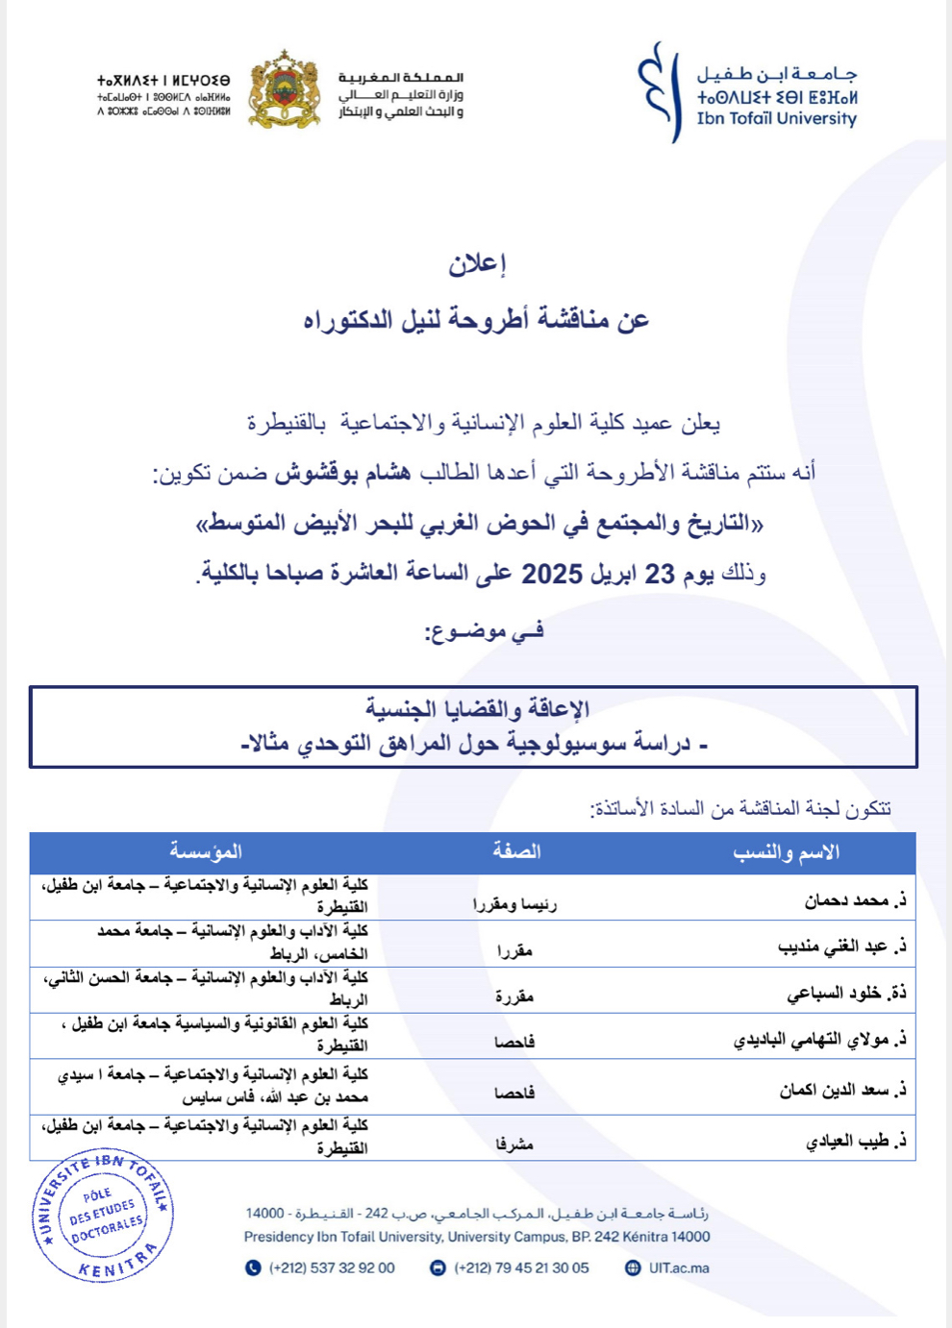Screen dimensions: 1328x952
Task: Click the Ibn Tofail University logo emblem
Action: tap(659, 93)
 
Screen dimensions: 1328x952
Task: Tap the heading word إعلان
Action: tap(477, 263)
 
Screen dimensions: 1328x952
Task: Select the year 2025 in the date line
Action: tap(552, 575)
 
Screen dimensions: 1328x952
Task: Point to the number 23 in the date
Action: tap(660, 575)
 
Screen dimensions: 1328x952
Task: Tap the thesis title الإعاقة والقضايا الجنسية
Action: tap(477, 709)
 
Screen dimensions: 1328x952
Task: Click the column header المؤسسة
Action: tap(206, 851)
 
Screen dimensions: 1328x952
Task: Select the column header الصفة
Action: tap(516, 851)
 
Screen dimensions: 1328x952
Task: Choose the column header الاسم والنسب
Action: tap(787, 852)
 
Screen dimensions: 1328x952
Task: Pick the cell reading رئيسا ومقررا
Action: tap(514, 903)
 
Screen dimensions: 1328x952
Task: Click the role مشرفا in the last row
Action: tap(514, 1144)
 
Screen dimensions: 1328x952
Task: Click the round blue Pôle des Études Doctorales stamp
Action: tap(103, 1216)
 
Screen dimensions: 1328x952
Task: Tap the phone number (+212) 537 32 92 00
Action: tap(332, 1267)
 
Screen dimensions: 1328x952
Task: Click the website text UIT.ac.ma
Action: tap(679, 1267)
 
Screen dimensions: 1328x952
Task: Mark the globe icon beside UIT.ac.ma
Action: tap(633, 1267)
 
